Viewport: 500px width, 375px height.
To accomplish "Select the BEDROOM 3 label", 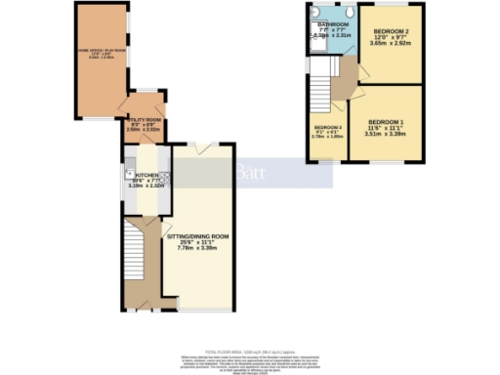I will click(328, 128).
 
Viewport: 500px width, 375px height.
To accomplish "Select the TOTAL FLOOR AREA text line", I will click(249, 350).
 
